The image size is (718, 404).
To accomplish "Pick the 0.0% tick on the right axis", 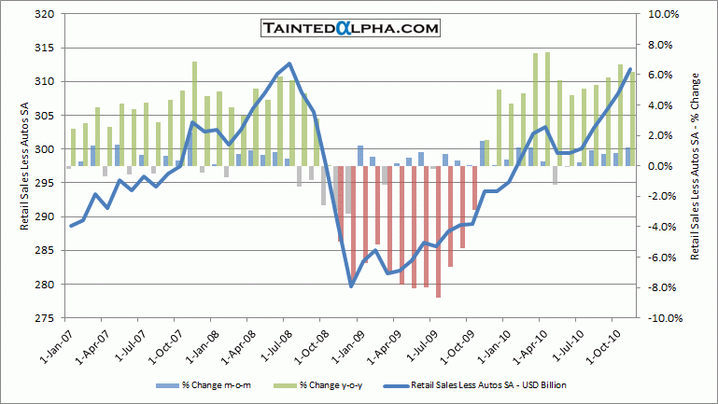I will point(662,166).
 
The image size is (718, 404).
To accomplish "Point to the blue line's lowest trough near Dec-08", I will point(351,286).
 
